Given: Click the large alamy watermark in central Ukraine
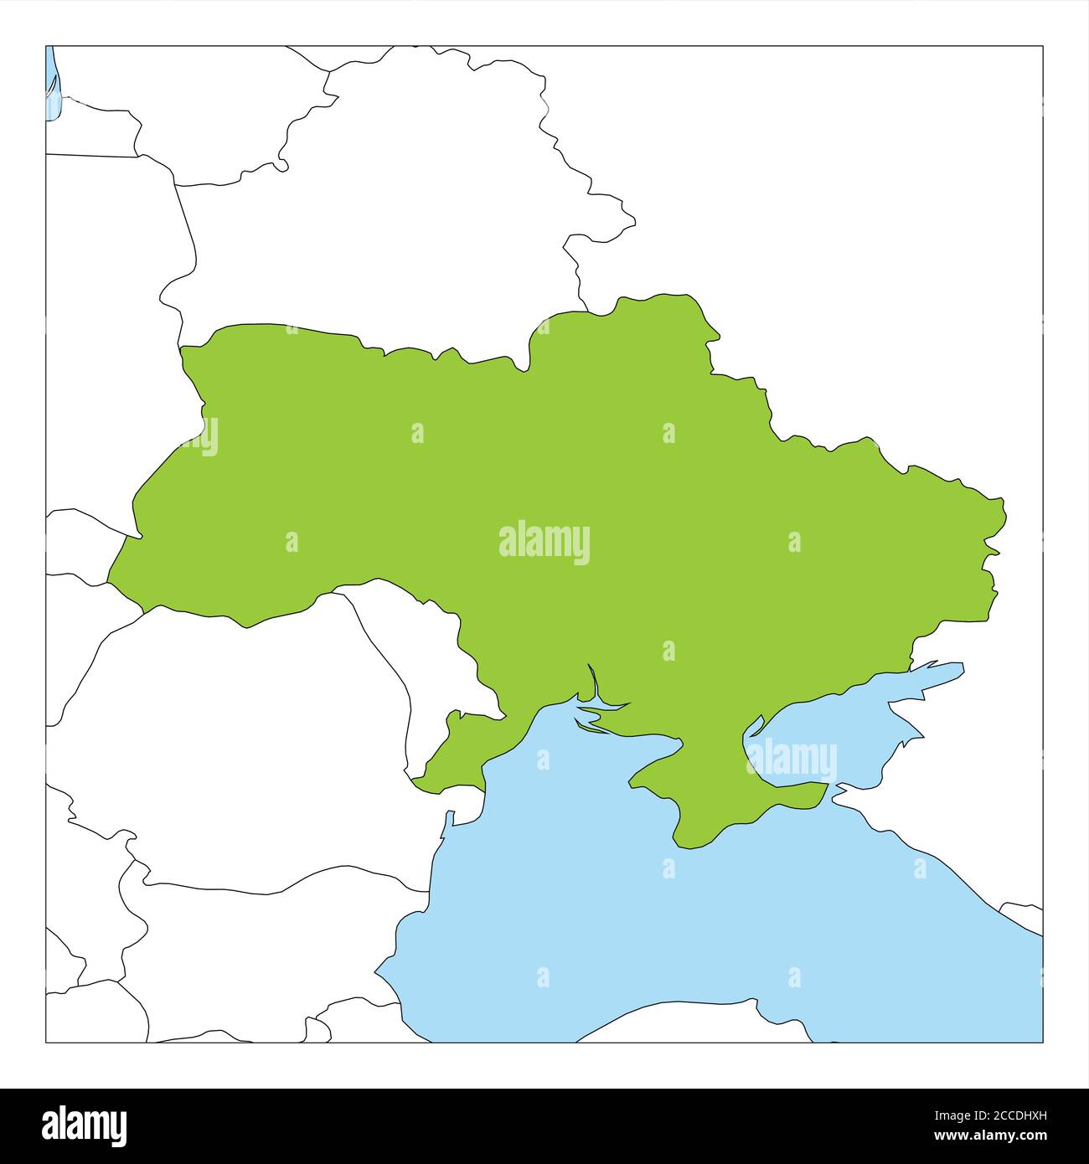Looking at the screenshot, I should point(544,543).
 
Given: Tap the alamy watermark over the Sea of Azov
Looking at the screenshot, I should point(792,760).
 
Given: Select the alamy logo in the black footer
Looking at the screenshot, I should point(85,1123).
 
